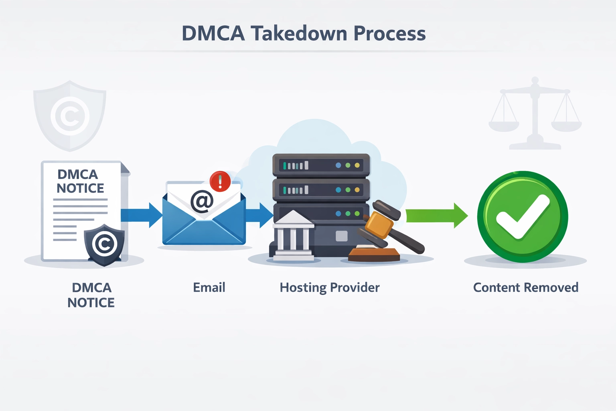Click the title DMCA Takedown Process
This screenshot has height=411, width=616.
(x=304, y=33)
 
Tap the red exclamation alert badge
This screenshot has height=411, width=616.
(x=220, y=181)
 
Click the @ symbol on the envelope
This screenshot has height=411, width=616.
(x=202, y=201)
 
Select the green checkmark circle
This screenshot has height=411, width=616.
(x=522, y=217)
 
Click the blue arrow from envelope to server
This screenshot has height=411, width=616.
(x=259, y=215)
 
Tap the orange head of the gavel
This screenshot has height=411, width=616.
(x=379, y=225)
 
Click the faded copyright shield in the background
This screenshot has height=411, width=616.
(x=70, y=116)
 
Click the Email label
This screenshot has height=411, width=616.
(x=209, y=287)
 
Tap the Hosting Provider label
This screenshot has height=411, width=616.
(x=329, y=287)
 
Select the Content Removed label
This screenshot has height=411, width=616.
(x=525, y=287)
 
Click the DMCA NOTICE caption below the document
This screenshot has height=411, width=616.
(x=91, y=295)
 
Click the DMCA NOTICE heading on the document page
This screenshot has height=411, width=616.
(x=80, y=181)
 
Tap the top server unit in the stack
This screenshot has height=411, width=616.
(x=321, y=165)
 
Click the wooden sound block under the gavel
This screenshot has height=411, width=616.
(x=374, y=255)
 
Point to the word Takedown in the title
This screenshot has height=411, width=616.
(x=299, y=33)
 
